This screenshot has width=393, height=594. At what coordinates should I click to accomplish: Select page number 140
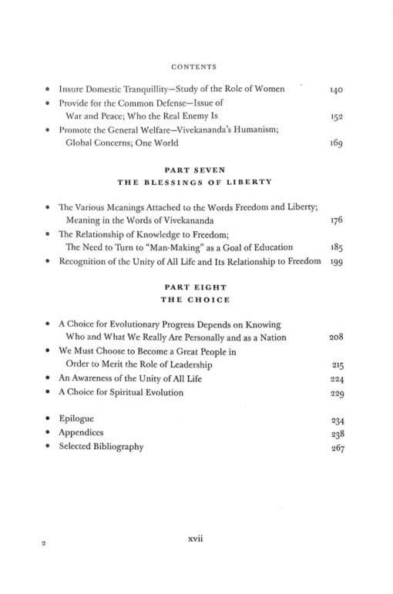pos(335,91)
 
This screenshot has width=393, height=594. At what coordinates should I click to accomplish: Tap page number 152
pos(335,117)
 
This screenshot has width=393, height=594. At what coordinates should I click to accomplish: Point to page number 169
pos(335,143)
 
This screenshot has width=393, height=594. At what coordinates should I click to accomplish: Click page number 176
pos(335,221)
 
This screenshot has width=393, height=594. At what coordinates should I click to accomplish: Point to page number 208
pos(335,338)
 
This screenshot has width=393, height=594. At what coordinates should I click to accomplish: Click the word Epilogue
pos(79,419)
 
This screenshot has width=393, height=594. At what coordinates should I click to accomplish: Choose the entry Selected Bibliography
pos(101,446)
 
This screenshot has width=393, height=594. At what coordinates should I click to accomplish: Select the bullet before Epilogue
pos(48,419)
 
